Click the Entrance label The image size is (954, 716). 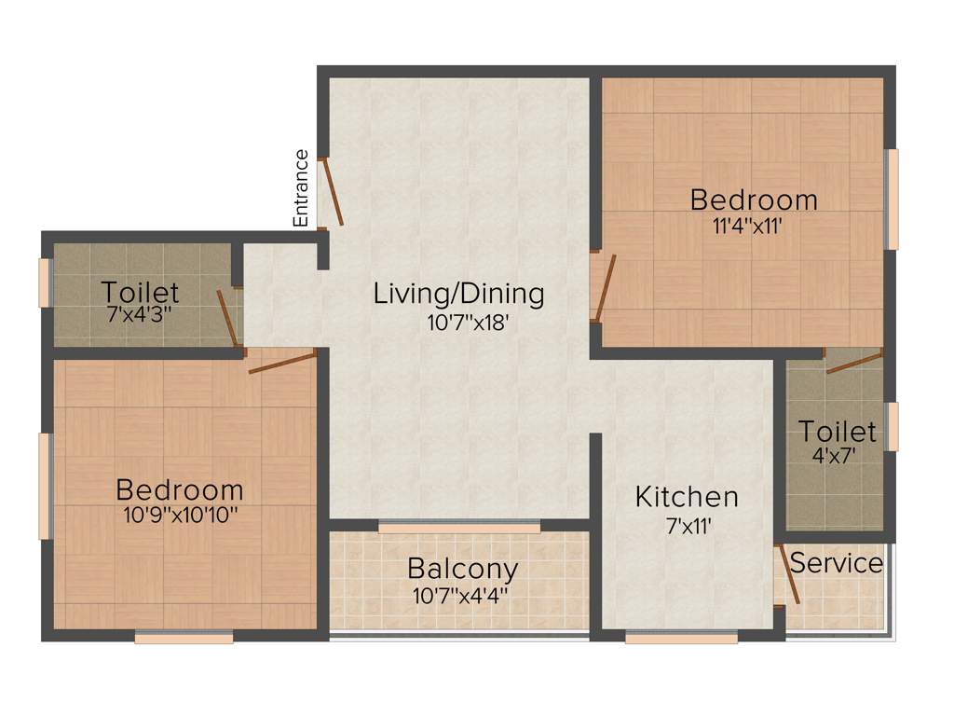pos(301,188)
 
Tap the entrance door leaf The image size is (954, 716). pos(331,192)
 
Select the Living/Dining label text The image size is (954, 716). pos(458,294)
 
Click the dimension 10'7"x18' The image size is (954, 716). pos(458,324)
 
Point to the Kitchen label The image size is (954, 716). pos(687,497)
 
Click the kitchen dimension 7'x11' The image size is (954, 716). pos(687,526)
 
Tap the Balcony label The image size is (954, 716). pos(463,568)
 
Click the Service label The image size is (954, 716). pos(837,563)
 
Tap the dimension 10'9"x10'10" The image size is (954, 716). pos(180,516)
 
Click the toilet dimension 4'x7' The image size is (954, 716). pos(836,457)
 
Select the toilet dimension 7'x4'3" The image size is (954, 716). pos(140,315)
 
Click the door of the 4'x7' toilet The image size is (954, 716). pos(853,362)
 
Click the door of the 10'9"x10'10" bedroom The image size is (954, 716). pos(283,362)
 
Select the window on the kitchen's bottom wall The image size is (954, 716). pos(681,639)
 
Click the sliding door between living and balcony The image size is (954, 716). pos(459,529)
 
